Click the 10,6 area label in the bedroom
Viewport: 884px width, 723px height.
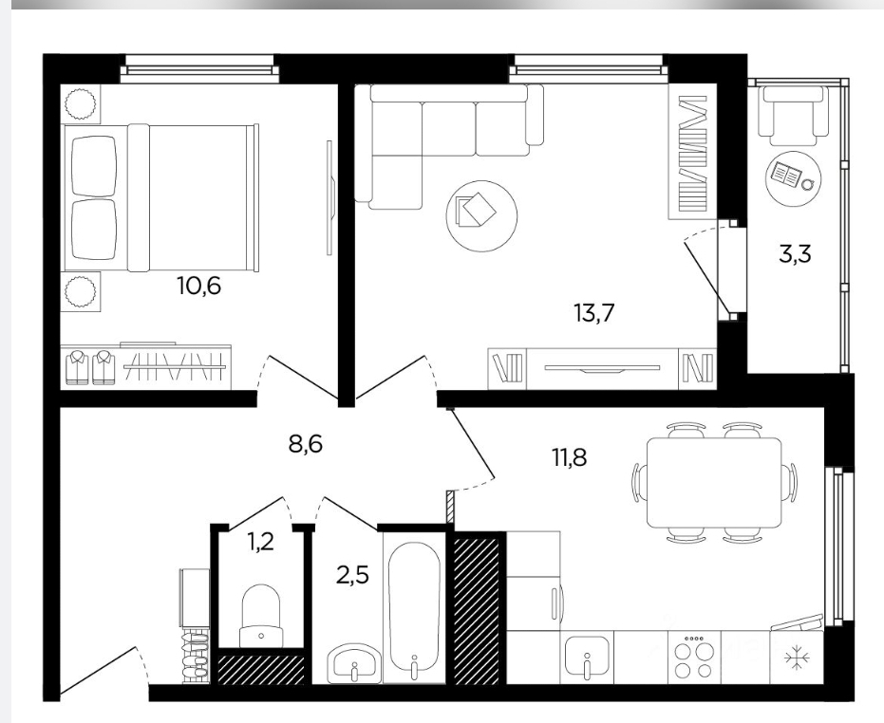(x=198, y=287)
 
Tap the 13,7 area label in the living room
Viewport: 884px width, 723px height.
(x=593, y=312)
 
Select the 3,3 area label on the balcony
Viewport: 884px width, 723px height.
(x=795, y=254)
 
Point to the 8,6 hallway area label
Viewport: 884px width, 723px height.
(x=305, y=444)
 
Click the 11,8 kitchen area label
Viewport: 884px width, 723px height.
(x=570, y=457)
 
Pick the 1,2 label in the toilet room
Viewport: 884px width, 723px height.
(x=260, y=542)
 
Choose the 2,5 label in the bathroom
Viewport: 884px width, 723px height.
(x=351, y=576)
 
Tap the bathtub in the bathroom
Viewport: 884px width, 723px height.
(x=414, y=607)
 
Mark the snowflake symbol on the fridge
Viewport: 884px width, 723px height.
(x=797, y=658)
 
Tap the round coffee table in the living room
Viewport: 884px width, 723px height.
(x=481, y=215)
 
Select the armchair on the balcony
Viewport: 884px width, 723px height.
(x=792, y=114)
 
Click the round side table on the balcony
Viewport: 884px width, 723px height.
(x=793, y=175)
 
